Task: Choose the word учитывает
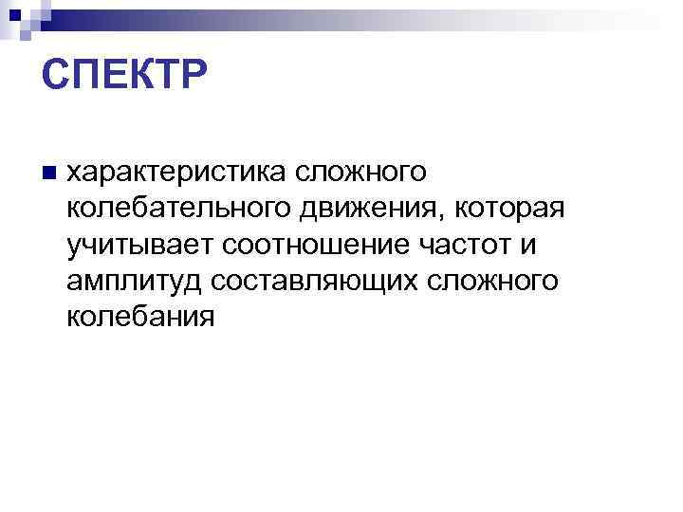(142, 245)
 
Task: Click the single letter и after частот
(527, 245)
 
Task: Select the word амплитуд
(137, 281)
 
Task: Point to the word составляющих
(319, 281)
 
